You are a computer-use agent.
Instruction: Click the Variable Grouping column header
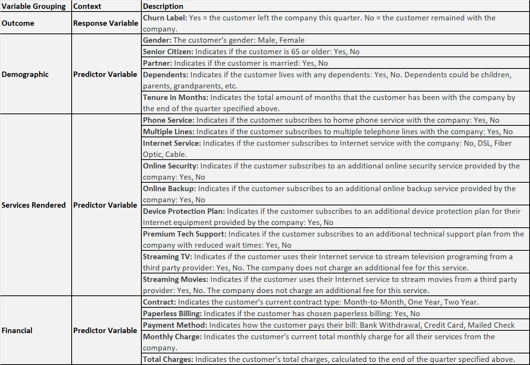coord(34,6)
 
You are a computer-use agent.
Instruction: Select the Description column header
coord(163,6)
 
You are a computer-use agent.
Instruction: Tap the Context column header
coord(87,6)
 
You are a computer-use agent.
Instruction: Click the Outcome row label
coord(18,23)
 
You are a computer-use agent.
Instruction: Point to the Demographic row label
coord(25,74)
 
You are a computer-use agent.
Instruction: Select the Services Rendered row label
coord(34,205)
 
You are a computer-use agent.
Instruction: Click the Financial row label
coord(17,330)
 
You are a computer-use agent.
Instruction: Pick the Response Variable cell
coord(106,23)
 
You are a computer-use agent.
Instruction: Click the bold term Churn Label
coord(165,18)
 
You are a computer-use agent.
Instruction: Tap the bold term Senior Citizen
coord(168,52)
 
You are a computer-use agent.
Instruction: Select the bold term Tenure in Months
coord(175,97)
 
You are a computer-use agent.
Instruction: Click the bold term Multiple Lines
coord(168,132)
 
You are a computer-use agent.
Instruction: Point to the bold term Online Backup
coord(169,188)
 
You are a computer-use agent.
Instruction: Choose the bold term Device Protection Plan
coord(184,211)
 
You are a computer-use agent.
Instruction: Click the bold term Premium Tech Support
coord(184,234)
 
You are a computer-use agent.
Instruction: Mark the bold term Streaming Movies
coord(175,279)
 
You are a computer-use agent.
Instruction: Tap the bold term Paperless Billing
coord(172,313)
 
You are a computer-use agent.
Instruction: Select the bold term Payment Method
coord(175,325)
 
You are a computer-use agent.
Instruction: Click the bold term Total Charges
coord(168,359)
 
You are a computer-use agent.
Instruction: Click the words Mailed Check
coord(491,325)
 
